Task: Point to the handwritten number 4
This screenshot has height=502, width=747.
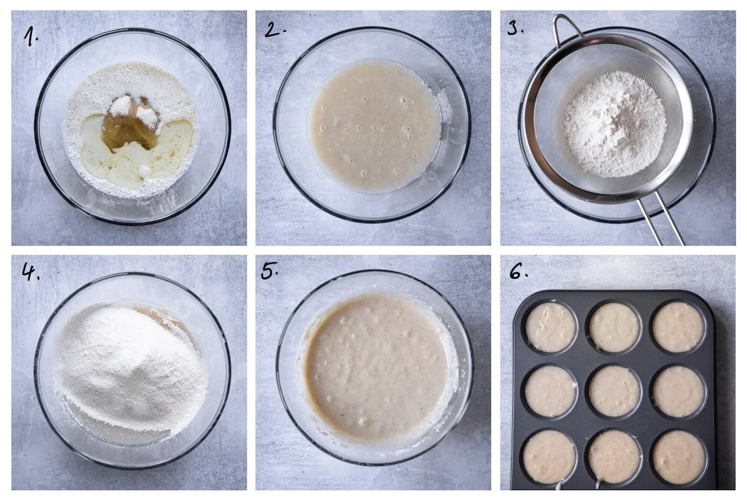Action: tap(31, 271)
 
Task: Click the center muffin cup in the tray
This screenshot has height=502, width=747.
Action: tap(614, 391)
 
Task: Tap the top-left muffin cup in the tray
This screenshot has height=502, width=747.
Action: tap(551, 327)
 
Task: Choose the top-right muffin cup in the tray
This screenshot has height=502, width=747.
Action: tap(679, 327)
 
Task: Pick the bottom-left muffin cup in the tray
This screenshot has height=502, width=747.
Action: tap(550, 457)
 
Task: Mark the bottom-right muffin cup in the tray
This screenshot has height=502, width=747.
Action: tap(679, 457)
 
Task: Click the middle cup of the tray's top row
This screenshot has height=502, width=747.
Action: tap(614, 327)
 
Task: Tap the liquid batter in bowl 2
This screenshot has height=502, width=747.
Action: tap(375, 126)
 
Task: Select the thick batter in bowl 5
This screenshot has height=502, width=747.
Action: tap(375, 366)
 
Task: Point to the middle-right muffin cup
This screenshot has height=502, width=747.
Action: tap(679, 391)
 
